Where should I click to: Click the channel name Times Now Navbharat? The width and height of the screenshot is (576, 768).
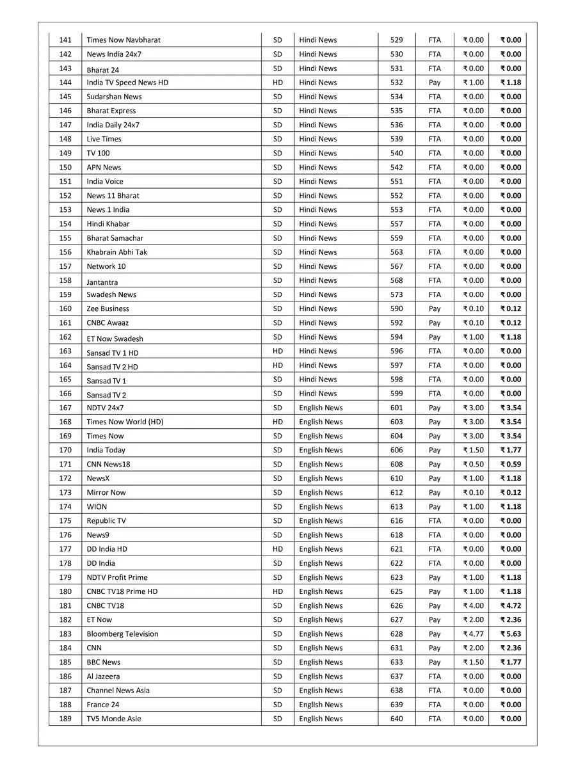[124, 40]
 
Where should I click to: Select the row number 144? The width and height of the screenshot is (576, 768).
[65, 83]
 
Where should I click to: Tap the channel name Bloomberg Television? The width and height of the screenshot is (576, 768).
[122, 634]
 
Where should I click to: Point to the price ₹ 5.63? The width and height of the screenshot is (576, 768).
[511, 634]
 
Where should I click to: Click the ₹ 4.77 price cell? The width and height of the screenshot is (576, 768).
[474, 634]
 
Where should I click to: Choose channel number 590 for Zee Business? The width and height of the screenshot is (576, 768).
[397, 309]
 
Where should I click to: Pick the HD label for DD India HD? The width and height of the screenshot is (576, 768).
[278, 549]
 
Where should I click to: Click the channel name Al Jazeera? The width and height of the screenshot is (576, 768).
[103, 676]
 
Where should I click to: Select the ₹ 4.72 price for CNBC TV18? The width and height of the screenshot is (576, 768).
[511, 606]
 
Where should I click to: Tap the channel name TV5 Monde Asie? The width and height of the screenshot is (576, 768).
[114, 719]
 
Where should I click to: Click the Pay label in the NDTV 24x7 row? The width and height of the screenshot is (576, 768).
[435, 408]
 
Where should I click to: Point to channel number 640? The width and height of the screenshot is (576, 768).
[397, 719]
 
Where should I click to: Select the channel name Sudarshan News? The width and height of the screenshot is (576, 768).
[114, 97]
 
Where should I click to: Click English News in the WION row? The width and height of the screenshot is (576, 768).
[321, 507]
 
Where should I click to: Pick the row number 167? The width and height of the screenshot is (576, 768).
[65, 408]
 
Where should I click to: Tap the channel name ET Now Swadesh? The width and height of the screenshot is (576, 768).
[115, 339]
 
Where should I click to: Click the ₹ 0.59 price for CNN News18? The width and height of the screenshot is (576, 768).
[511, 465]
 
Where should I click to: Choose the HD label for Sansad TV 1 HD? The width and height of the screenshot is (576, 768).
[278, 351]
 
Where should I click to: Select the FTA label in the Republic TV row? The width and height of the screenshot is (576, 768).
[435, 521]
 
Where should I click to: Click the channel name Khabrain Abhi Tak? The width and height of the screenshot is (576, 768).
[116, 252]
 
